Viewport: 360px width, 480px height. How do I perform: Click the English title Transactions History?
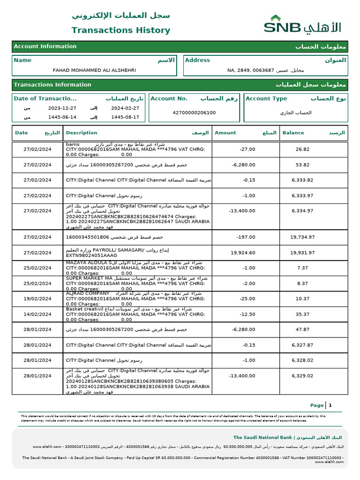point(120,30)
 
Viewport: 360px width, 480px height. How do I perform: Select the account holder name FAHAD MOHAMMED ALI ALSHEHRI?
point(94,70)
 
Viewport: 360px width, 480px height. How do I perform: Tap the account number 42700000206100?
point(194,112)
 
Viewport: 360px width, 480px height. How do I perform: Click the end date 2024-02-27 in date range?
point(125,108)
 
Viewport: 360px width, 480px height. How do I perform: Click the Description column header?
point(82,133)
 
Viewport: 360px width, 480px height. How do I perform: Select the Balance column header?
point(293,133)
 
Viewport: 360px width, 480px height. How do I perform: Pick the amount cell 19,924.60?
point(243,253)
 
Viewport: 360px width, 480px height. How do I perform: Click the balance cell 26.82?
point(302,149)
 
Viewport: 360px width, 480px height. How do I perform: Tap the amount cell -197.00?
point(246,237)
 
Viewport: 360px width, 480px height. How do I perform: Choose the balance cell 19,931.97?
point(302,253)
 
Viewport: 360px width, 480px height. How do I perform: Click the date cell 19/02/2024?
point(37,299)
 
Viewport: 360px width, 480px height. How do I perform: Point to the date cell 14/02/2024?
point(37,314)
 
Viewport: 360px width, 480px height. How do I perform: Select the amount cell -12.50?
point(247,314)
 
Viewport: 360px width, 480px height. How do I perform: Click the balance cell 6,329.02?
point(302,376)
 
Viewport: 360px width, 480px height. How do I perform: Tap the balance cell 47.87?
point(302,330)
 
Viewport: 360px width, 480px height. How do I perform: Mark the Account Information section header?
point(45,46)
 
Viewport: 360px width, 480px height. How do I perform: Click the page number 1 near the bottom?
point(330,405)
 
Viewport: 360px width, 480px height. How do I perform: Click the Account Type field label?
point(266,98)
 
